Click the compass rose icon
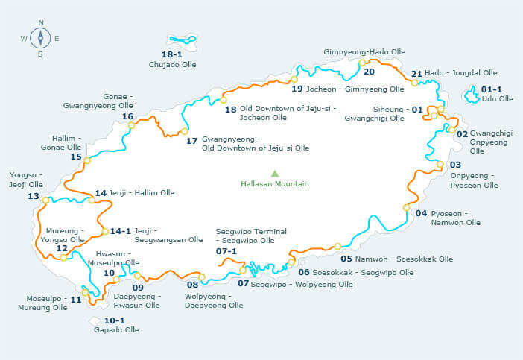(x=40, y=37)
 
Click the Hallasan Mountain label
(x=274, y=184)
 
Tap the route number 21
(x=416, y=74)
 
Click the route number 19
(x=297, y=89)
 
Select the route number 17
(x=191, y=140)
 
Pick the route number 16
(x=127, y=116)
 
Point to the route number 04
(x=421, y=213)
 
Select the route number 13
(x=33, y=196)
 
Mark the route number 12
(x=62, y=249)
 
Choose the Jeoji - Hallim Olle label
(x=142, y=192)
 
